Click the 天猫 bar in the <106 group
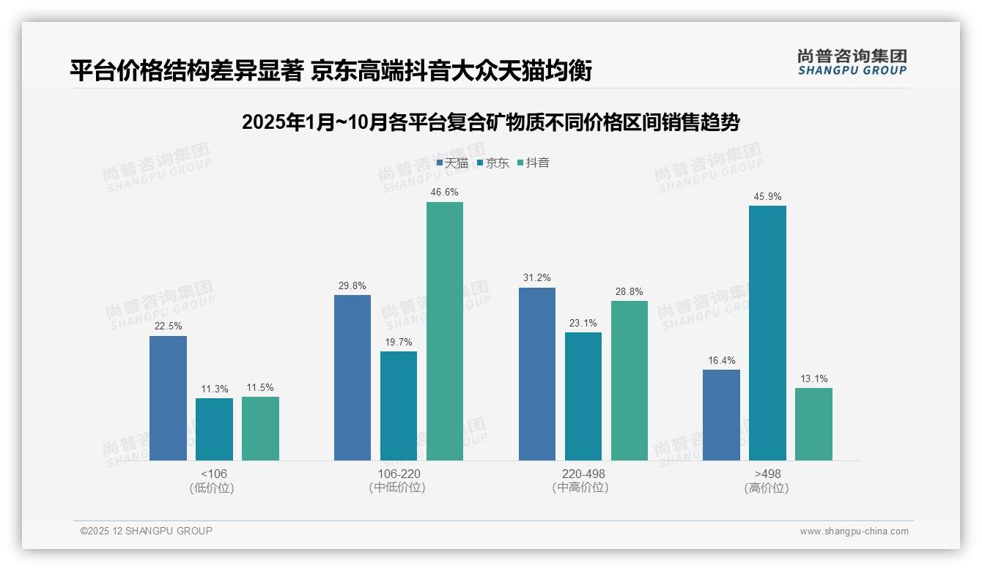point(168,398)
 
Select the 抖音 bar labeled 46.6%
point(445,331)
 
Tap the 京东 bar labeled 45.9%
point(767,333)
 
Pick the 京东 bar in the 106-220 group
point(399,406)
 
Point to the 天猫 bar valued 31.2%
point(537,374)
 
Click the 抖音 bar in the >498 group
point(813,424)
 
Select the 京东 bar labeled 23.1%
point(583,396)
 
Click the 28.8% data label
point(630,292)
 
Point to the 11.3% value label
point(214,389)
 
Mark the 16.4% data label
point(721,361)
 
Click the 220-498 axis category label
point(583,474)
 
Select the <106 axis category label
point(214,474)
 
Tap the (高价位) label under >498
point(767,488)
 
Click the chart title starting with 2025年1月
point(490,122)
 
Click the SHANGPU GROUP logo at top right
point(852,62)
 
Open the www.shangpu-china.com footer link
point(854,531)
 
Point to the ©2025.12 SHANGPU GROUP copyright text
point(147,531)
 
